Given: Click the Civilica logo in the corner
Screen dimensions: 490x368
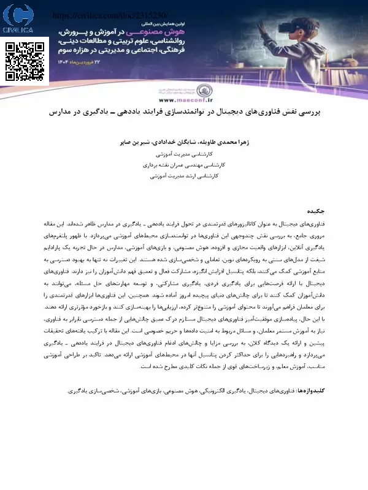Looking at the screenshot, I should coord(18,20).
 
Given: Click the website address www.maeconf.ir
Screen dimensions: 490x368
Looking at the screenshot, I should coord(184,99).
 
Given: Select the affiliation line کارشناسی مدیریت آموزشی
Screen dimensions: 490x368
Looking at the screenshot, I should coord(185,153).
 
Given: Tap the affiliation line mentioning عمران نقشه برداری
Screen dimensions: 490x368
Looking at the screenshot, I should coord(185,165).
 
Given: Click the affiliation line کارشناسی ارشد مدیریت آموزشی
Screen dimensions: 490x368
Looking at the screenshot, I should coord(185,176).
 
